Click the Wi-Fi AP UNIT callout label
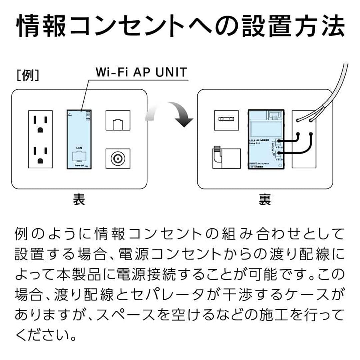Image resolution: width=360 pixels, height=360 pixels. click(141, 72)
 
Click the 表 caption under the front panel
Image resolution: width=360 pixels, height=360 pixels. click(79, 200)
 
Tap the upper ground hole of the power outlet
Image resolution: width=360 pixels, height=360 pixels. click(40, 129)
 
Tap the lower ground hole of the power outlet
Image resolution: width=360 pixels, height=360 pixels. click(40, 160)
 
